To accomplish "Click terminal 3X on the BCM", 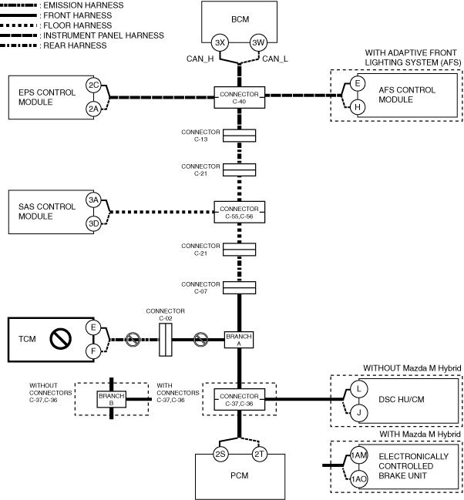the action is (220, 42).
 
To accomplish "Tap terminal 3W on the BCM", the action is (258, 42).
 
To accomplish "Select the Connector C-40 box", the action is (240, 97).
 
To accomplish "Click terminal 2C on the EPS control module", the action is (93, 86).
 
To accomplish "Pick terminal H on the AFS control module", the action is (358, 107).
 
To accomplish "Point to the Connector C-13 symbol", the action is (240, 136).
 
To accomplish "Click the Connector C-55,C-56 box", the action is (240, 212).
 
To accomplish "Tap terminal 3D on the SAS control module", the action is (93, 223).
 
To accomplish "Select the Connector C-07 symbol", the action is (240, 287).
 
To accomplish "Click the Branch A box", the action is (239, 340).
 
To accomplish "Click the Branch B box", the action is (111, 399).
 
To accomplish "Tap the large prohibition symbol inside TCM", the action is (60, 339).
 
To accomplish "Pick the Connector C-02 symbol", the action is (166, 340).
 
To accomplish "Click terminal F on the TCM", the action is (93, 351).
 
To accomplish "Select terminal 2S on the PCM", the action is (220, 454).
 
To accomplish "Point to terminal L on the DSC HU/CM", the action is (359, 389).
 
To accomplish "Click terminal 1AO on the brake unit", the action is (359, 479).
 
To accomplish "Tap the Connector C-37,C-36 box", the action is (240, 400).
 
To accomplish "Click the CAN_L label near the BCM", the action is (274, 59).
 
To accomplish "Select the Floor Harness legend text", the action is (78, 25).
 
